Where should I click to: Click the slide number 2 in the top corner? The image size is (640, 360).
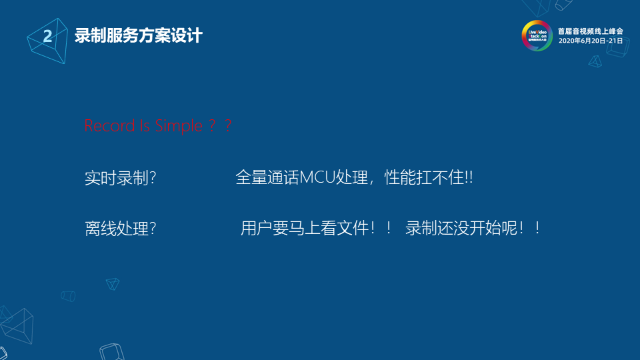tap(47, 36)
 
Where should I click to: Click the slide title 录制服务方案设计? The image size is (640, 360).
tap(138, 35)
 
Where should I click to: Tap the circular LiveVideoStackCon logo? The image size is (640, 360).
tap(537, 35)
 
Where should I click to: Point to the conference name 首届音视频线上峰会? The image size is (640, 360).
tap(590, 31)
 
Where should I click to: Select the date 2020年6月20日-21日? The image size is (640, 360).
tap(590, 41)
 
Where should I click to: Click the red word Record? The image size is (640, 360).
tap(109, 125)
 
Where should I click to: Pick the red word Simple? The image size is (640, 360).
tap(178, 125)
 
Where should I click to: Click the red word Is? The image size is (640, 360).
tap(145, 125)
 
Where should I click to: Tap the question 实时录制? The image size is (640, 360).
tap(120, 179)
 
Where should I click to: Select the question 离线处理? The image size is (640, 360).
tap(120, 229)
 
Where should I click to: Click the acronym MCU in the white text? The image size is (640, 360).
tap(319, 178)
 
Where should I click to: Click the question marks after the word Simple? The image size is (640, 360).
tap(219, 125)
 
